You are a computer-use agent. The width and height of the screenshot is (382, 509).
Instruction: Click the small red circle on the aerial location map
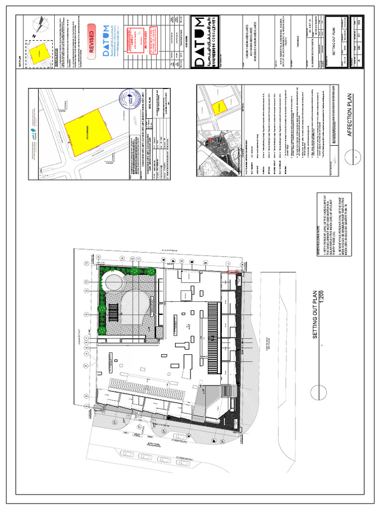click(209, 141)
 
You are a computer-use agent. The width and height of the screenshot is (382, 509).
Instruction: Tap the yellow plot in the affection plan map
click(217, 107)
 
